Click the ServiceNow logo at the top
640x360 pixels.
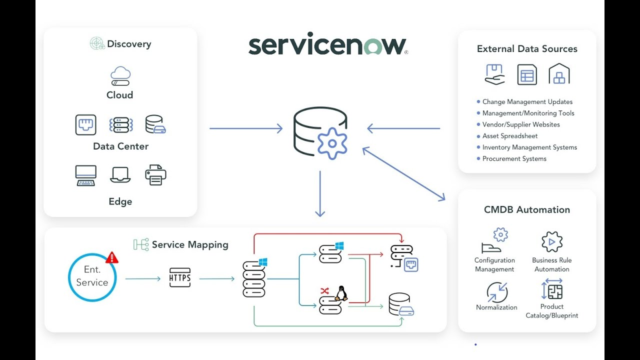(x=328, y=45)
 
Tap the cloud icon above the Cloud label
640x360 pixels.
(x=120, y=76)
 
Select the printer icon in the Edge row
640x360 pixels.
(x=155, y=175)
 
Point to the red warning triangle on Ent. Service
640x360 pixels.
(x=112, y=257)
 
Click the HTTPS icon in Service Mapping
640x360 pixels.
(x=180, y=278)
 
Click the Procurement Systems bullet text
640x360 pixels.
(x=514, y=158)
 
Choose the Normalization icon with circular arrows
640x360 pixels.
(x=496, y=292)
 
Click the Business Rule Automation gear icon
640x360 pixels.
(x=552, y=242)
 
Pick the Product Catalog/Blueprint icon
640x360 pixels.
(x=551, y=290)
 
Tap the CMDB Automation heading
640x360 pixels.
(x=526, y=209)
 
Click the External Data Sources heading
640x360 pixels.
(x=527, y=49)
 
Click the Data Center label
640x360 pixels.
(x=120, y=146)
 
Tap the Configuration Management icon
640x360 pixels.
(x=494, y=241)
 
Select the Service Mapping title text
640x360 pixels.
(x=189, y=244)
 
